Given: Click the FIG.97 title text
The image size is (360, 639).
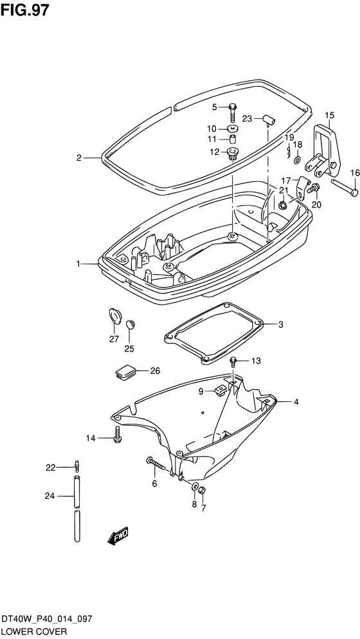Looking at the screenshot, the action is click(x=25, y=10).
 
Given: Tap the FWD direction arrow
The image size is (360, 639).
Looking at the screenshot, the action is click(x=118, y=536).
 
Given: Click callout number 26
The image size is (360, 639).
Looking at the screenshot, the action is click(x=143, y=371).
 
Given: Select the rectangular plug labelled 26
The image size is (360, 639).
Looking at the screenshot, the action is click(x=124, y=372).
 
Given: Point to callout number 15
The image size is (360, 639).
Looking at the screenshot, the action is click(x=329, y=115).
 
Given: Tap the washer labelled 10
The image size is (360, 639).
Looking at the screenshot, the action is click(x=233, y=129).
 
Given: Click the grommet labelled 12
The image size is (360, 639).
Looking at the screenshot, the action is click(x=233, y=154).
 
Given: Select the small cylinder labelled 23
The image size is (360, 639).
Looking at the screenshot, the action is click(x=269, y=120).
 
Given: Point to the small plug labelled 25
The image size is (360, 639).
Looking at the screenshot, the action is click(x=129, y=325).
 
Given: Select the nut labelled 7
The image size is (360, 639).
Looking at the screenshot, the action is click(x=203, y=491).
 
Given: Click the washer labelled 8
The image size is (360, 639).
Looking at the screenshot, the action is click(x=195, y=486).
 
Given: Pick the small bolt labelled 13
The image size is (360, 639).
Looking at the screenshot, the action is click(x=233, y=361).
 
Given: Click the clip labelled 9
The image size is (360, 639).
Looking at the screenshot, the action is click(x=220, y=390).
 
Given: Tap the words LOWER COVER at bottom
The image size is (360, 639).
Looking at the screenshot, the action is click(x=34, y=632).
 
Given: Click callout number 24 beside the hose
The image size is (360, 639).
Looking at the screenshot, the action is click(x=50, y=496).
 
